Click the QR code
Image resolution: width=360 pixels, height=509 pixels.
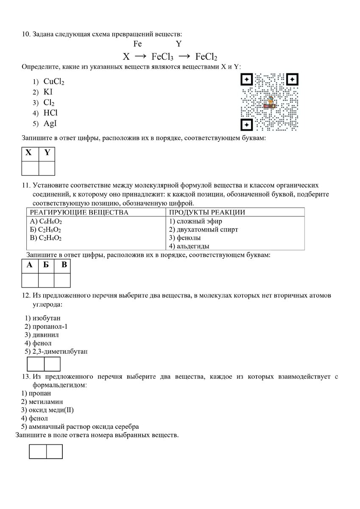coord(270,102)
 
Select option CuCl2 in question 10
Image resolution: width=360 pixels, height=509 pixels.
coord(53,81)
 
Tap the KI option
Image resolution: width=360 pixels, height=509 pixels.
coord(48,92)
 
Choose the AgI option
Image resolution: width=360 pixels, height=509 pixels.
coord(50,123)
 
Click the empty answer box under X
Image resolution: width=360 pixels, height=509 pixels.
coord(30,168)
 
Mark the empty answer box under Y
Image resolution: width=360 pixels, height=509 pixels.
coord(47,168)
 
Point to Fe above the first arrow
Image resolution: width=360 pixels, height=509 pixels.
coord(137,44)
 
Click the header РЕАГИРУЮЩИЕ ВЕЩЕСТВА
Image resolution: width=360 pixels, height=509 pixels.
coord(78,213)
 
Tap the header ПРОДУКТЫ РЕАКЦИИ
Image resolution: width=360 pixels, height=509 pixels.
coord(207,213)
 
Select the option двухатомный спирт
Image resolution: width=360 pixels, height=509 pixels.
coord(204,229)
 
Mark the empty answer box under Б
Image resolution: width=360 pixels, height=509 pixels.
coord(46,280)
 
